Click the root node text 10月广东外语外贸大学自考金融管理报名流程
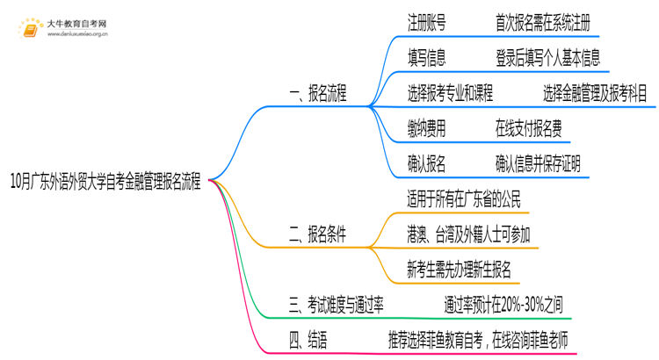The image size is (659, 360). click(105, 183)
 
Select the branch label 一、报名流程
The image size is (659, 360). click(317, 95)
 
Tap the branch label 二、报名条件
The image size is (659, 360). click(317, 234)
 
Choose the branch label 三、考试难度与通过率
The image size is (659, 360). click(336, 304)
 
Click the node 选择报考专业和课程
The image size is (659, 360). click(450, 93)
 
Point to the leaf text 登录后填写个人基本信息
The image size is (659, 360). click(548, 59)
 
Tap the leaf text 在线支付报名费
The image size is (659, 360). click(528, 129)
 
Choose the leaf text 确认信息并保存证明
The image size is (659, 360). click(537, 163)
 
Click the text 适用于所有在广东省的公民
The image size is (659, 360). click(463, 199)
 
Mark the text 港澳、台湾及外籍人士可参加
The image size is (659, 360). click(468, 234)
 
